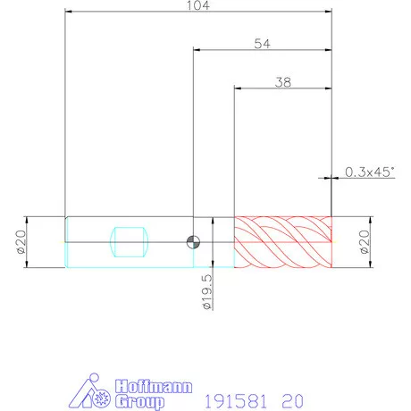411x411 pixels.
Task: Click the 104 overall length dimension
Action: [198, 5]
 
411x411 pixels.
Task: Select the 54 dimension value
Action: [263, 44]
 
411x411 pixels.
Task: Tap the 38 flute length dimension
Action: [283, 82]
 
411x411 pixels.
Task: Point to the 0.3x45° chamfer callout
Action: [369, 172]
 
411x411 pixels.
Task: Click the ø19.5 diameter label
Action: [207, 292]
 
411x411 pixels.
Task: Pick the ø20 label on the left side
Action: [21, 241]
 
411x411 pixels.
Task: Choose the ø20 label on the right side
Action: [365, 241]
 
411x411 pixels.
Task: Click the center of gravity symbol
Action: [193, 242]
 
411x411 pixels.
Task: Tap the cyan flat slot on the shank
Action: [129, 242]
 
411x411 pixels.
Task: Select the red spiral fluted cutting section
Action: [283, 242]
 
